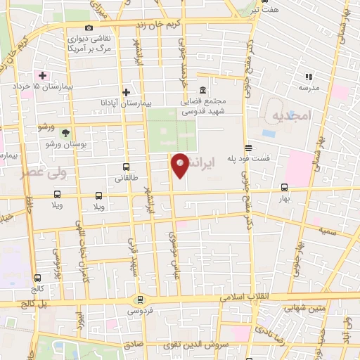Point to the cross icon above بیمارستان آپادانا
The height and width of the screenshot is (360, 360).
[x=126, y=92]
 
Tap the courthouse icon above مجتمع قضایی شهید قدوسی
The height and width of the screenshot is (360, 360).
[x=202, y=91]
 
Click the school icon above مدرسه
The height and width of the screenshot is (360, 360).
[x=308, y=77]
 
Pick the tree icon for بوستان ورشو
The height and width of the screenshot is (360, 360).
[x=65, y=132]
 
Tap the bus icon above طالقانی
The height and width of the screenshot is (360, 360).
[x=126, y=167]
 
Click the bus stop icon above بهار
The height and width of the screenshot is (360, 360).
[x=284, y=188]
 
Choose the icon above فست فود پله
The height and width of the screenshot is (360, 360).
[x=248, y=147]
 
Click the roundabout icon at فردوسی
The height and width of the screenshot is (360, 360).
[x=138, y=300]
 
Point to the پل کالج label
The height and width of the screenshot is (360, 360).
[x=18, y=303]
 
